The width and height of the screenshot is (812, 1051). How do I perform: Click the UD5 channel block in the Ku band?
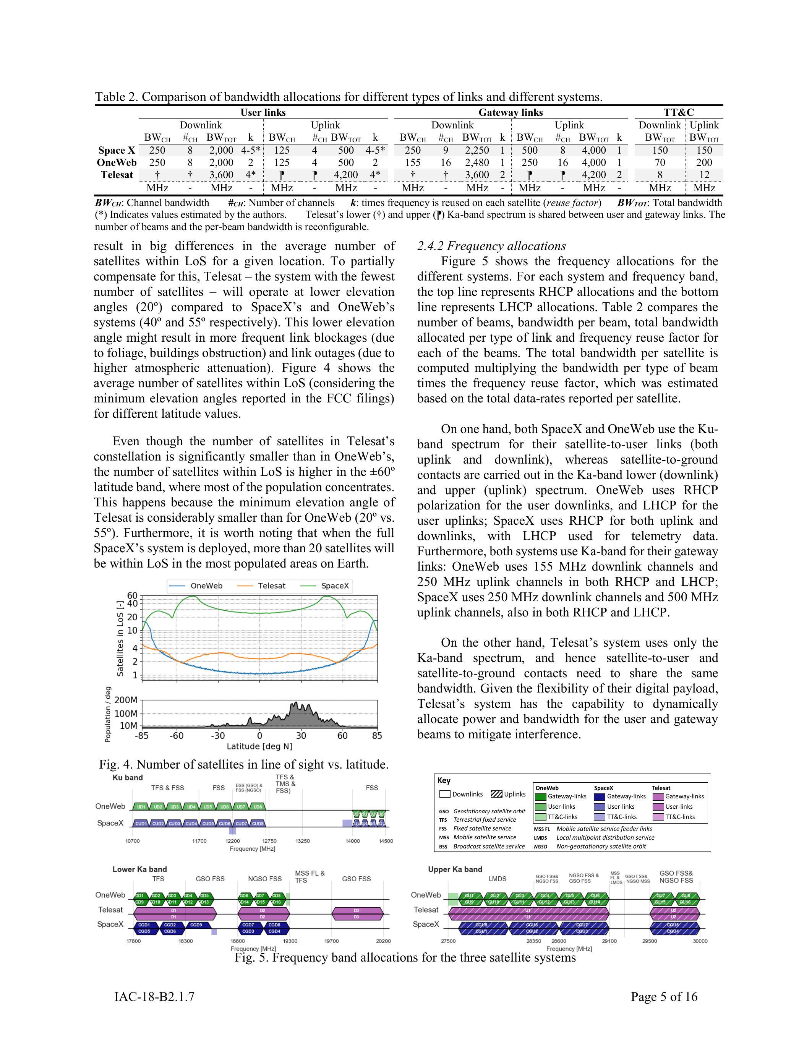pos(208,806)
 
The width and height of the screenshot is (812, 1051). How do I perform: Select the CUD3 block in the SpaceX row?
pos(175,823)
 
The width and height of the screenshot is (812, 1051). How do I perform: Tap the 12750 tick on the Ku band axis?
pos(269,841)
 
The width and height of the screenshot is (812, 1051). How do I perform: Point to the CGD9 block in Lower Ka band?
pos(196,924)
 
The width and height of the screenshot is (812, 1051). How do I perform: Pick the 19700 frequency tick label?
pos(331,941)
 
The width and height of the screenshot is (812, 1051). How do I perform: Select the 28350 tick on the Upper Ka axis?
pos(533,941)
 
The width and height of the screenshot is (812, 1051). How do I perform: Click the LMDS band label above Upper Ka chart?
pos(498,879)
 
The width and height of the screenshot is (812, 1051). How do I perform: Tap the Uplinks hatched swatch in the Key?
pos(497,794)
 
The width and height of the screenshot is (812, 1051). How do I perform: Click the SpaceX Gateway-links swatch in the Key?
pos(600,796)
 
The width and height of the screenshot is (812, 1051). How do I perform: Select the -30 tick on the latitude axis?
pos(218,735)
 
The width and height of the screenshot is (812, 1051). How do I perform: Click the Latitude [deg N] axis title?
pos(259,746)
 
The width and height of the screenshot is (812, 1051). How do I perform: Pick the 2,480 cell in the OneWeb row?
pos(477,163)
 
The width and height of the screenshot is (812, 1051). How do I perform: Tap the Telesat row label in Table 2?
pos(117,175)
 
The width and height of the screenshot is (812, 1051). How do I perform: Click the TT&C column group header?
pos(679,113)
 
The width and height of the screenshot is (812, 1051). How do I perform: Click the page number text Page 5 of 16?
pos(664,997)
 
